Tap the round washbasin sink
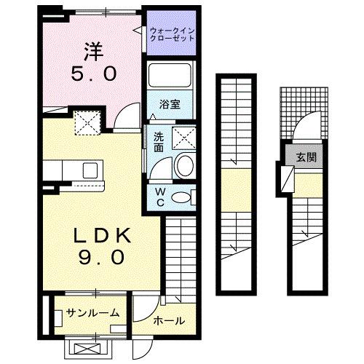[x=183, y=165]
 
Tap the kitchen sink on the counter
[x=90, y=170]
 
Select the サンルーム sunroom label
[x=92, y=314]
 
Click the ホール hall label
[x=169, y=321]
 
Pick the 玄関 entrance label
[x=305, y=157]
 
